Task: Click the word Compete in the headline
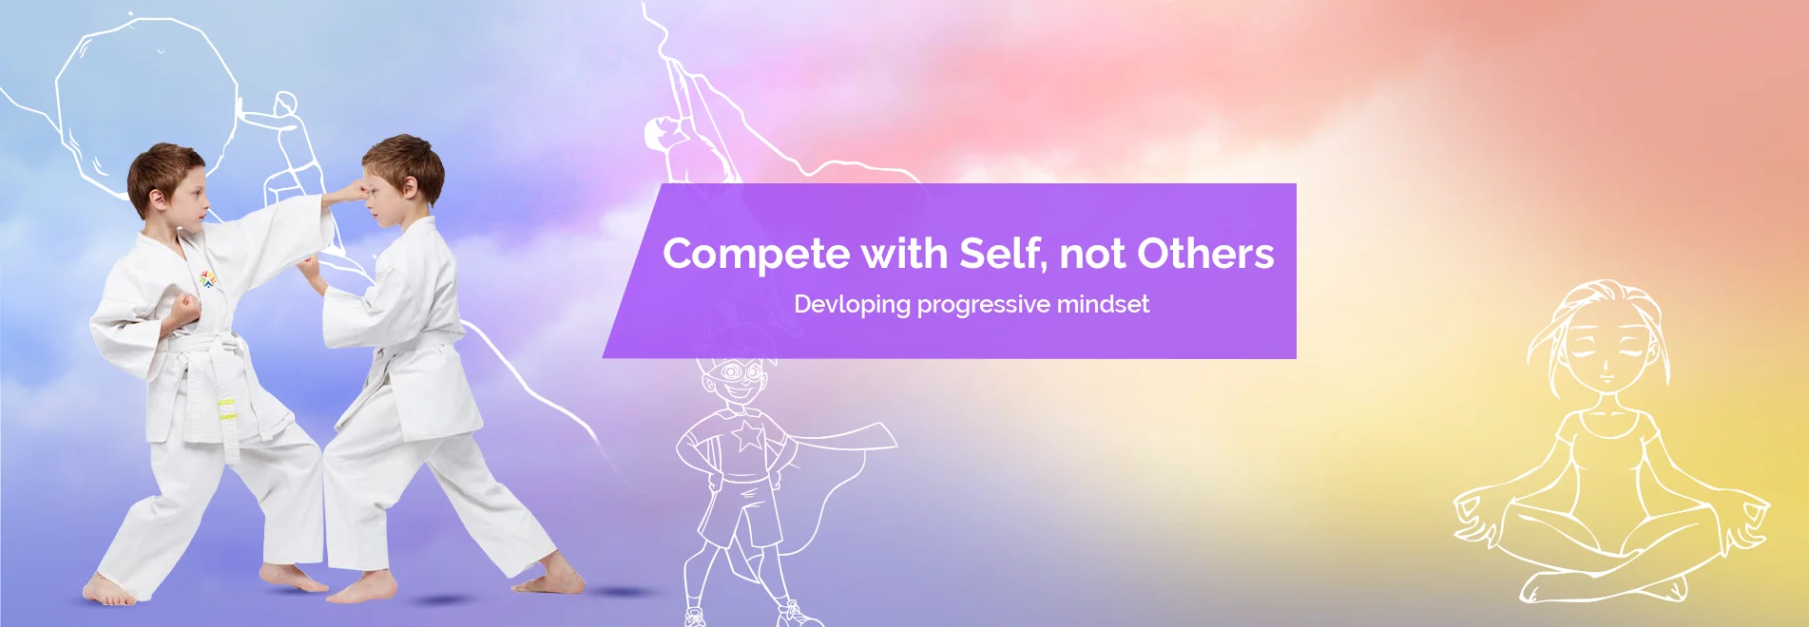757,255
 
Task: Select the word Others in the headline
1205,253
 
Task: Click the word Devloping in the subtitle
853,305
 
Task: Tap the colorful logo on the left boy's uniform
207,278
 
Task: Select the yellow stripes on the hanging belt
226,410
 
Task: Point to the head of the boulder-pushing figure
286,103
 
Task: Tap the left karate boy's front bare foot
109,591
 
